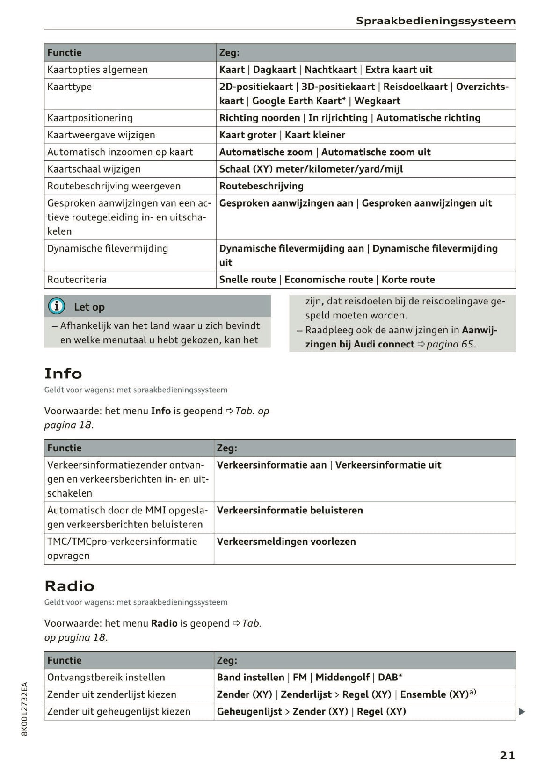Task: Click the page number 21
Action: (x=507, y=755)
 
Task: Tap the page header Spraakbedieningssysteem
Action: (x=436, y=21)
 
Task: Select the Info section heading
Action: (x=63, y=374)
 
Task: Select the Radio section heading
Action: (x=69, y=586)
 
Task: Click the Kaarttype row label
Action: (x=70, y=87)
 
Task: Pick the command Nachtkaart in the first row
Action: (x=330, y=70)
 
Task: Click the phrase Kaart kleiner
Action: (x=315, y=135)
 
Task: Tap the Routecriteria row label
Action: (x=77, y=280)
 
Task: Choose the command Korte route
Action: (x=408, y=280)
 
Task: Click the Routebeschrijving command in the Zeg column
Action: (x=261, y=186)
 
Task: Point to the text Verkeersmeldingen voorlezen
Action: (x=286, y=542)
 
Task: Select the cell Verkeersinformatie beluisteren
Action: (x=290, y=510)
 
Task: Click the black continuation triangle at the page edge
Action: (x=522, y=712)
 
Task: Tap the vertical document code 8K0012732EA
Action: (x=25, y=709)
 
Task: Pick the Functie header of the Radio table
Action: (x=65, y=660)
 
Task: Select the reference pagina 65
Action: (x=451, y=345)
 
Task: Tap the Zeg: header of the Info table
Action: (x=227, y=448)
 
